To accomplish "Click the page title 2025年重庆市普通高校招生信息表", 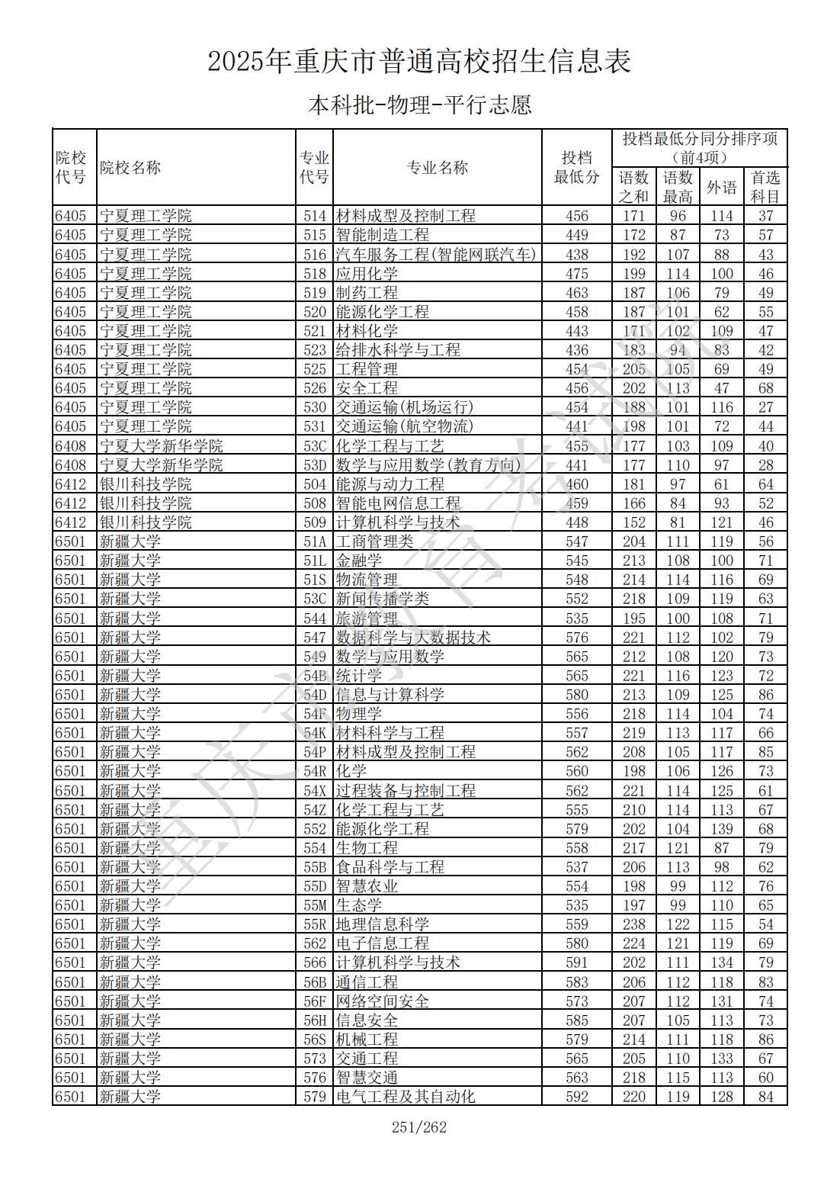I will (x=419, y=62).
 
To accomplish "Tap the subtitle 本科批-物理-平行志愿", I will (x=419, y=104).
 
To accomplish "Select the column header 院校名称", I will (x=130, y=168).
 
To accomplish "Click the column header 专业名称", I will (x=438, y=168).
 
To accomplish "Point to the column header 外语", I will (x=721, y=187).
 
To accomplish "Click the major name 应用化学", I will (x=367, y=274).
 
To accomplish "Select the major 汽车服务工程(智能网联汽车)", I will (x=436, y=255).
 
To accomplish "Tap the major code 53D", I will (x=315, y=465).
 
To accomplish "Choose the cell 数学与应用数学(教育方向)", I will (x=428, y=465).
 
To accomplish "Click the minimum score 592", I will (x=577, y=1097).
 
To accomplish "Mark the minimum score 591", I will (x=577, y=963).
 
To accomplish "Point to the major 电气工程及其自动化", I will (x=406, y=1097).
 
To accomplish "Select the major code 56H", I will (x=315, y=1020).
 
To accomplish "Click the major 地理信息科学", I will (x=382, y=924).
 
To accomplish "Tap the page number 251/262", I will (x=419, y=1127).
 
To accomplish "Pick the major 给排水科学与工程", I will (x=398, y=350).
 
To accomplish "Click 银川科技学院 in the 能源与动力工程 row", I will (x=146, y=484).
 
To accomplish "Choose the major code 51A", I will (x=315, y=541).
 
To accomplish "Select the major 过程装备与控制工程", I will (x=406, y=791).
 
